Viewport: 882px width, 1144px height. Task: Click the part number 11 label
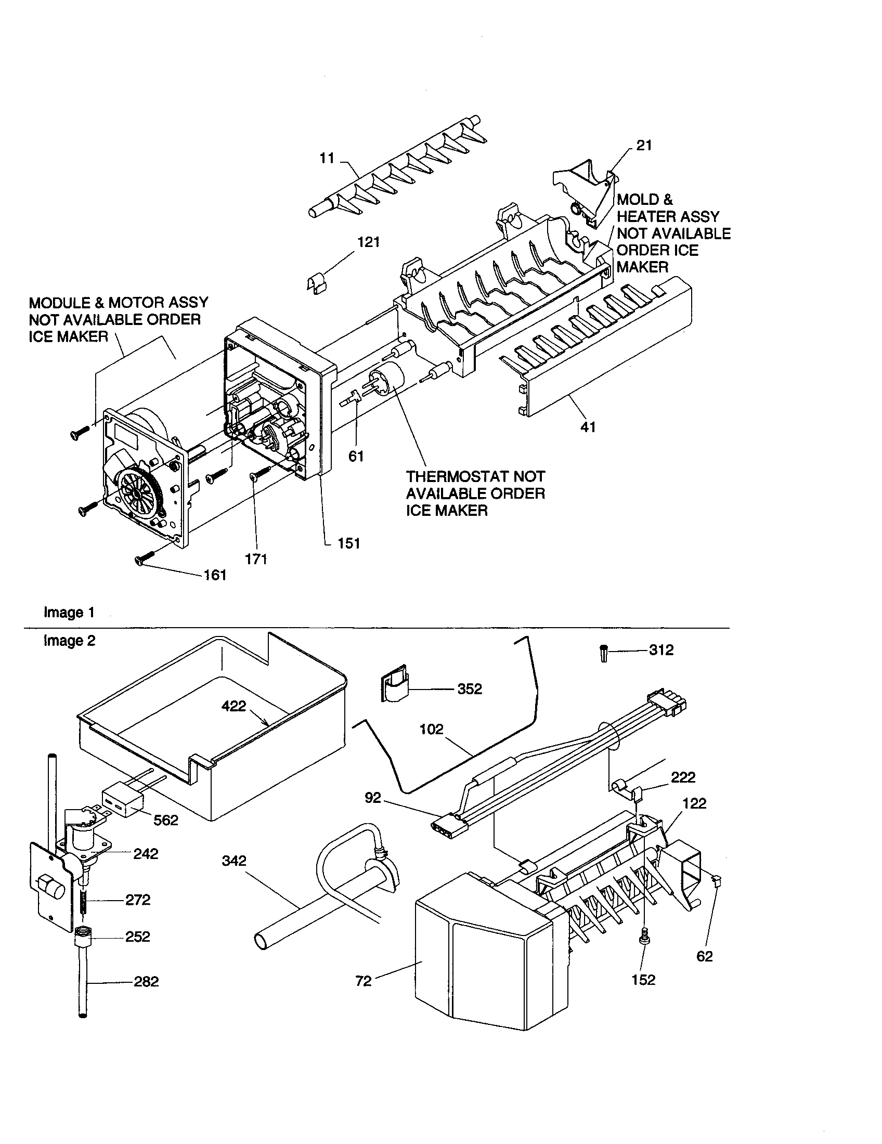coord(327,158)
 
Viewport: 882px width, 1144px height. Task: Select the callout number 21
coord(644,146)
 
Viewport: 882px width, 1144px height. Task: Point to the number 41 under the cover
coord(588,427)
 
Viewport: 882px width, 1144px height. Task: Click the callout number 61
coord(356,456)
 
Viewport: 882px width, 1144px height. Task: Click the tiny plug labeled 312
coord(603,654)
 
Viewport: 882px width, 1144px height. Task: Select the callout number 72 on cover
coord(363,981)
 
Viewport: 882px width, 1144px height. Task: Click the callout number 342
coord(234,861)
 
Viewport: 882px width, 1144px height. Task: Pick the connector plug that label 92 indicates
coord(442,825)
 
